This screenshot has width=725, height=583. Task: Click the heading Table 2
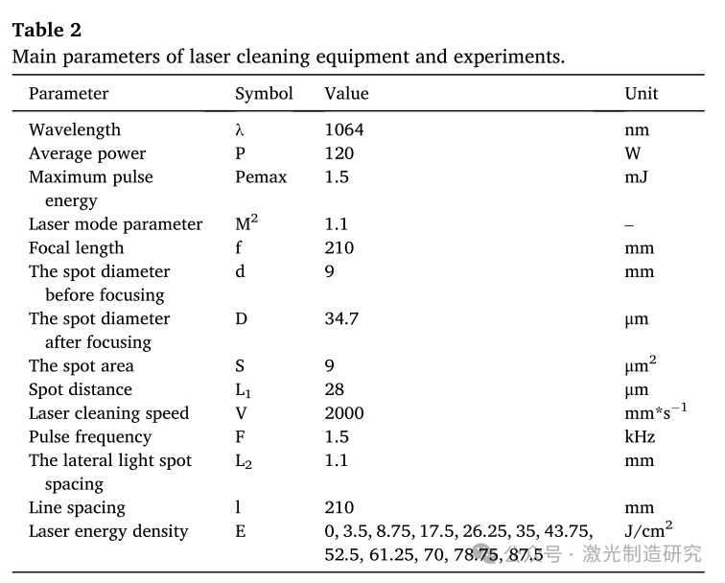coord(46,30)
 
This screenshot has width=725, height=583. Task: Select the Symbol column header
coord(264,93)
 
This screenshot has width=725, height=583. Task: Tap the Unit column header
coord(642,93)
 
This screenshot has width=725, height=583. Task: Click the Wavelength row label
coord(75,129)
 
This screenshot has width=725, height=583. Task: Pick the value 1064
coord(344,129)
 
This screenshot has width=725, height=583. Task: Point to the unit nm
coord(637,129)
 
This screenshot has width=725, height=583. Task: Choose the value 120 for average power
coord(339,153)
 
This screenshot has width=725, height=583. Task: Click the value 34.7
coord(341,318)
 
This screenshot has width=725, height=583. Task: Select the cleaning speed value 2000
coord(344,413)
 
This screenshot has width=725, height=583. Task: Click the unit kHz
coord(640,436)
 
